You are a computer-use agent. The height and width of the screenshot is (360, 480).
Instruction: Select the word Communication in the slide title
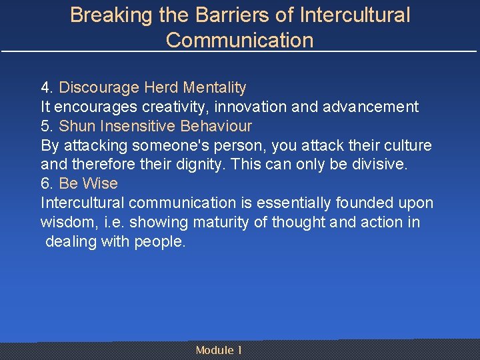(x=239, y=40)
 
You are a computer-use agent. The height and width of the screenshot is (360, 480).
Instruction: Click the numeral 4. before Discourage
(x=47, y=87)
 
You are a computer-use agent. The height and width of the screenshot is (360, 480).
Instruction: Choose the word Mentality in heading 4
(x=214, y=87)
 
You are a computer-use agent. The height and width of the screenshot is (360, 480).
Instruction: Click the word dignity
(x=197, y=164)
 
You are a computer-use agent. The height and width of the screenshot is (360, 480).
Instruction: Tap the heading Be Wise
(x=88, y=183)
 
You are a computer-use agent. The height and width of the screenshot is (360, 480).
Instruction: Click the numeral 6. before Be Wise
(x=47, y=183)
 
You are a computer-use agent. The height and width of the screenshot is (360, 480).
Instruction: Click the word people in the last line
(x=162, y=241)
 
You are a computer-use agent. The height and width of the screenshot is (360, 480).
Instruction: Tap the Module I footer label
(x=219, y=350)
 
